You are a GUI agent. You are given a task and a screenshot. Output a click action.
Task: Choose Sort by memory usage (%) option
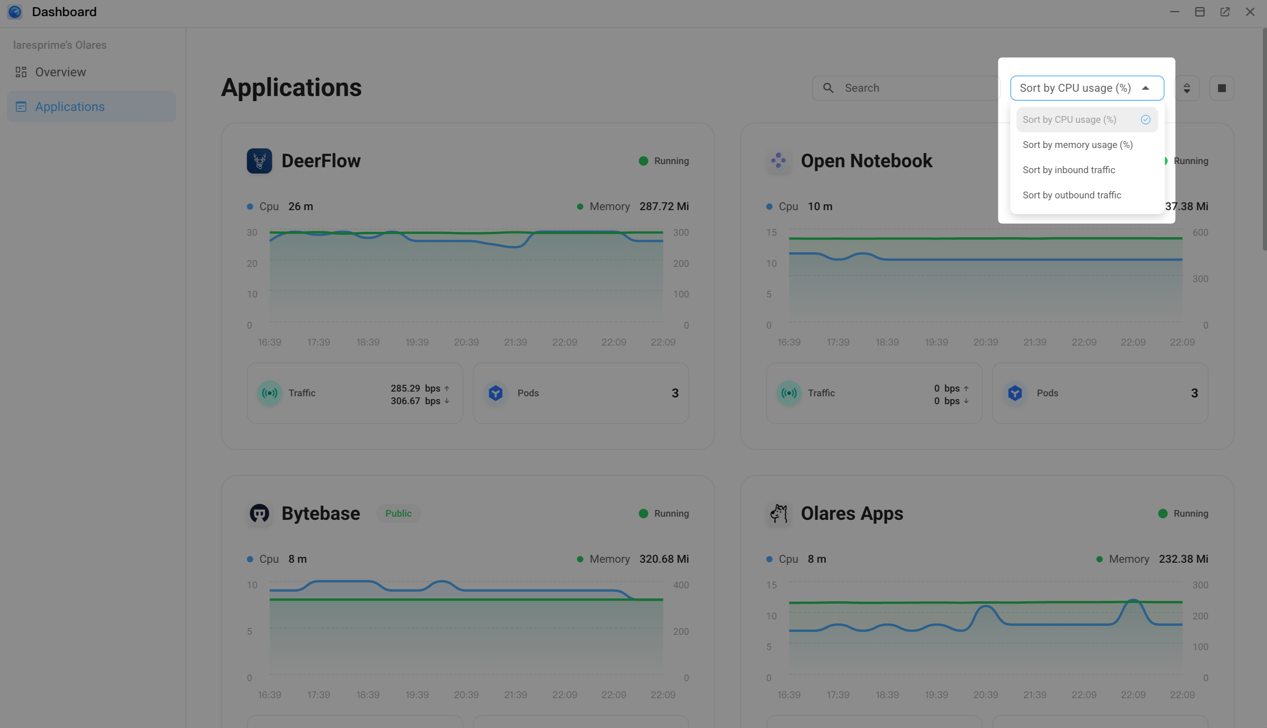[1077, 145]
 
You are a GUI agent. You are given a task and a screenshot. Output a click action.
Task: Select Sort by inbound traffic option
[1069, 170]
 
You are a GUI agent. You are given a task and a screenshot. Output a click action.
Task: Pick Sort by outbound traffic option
[1071, 195]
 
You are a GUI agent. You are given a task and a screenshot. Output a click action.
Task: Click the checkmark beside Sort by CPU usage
[1145, 120]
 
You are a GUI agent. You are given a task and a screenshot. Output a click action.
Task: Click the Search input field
[910, 88]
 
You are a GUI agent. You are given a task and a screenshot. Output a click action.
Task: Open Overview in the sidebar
[60, 72]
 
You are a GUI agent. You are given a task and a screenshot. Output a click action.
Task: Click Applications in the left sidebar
[70, 107]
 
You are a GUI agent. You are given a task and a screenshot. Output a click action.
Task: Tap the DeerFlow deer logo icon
[259, 161]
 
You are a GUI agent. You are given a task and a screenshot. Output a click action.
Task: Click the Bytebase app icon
[259, 514]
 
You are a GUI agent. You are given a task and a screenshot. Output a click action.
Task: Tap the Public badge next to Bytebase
[398, 514]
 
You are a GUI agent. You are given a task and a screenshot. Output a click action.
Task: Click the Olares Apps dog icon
[779, 514]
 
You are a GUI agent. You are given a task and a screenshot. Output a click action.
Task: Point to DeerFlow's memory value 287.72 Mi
[664, 207]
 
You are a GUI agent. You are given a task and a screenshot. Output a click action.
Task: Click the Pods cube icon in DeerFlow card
[495, 393]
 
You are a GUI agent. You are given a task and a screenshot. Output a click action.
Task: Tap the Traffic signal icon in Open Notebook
[789, 393]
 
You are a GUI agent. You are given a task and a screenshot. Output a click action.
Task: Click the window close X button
[1250, 12]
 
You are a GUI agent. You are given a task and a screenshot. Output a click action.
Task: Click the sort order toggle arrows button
[1186, 88]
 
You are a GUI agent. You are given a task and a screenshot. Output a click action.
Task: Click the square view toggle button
[1221, 88]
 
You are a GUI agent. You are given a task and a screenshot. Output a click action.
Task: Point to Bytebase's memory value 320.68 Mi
[664, 559]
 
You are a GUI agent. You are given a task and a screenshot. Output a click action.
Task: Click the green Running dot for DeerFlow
[643, 161]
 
